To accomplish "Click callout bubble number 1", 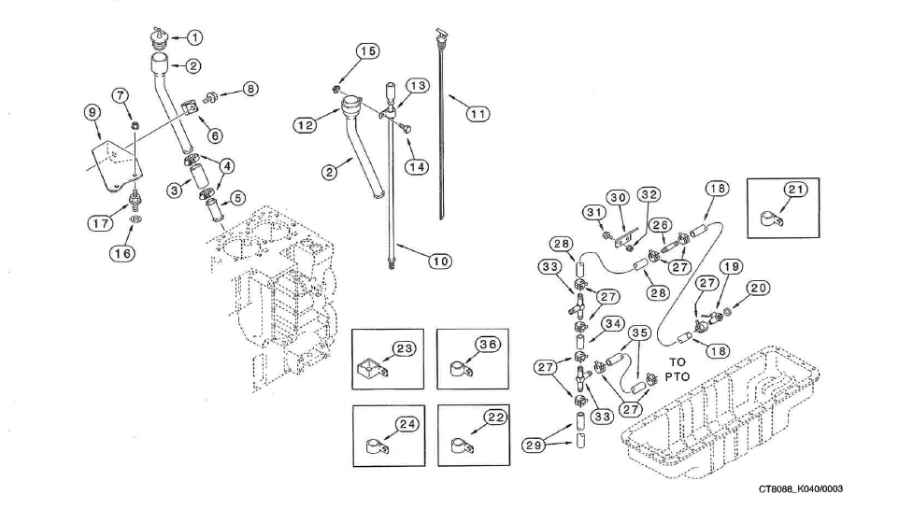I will coord(194,37).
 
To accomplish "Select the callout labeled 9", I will coord(92,113).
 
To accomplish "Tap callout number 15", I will coord(368,50).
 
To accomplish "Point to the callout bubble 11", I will coord(478,113).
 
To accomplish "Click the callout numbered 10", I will coord(440,260).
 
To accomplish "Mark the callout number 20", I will coord(759,289).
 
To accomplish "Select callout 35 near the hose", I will coord(639,332).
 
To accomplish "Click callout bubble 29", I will coord(533,445).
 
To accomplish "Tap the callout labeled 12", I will coord(305,125).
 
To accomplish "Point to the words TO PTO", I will coord(678,369).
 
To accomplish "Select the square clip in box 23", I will coord(371,372).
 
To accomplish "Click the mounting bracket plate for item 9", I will coord(117,165).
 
